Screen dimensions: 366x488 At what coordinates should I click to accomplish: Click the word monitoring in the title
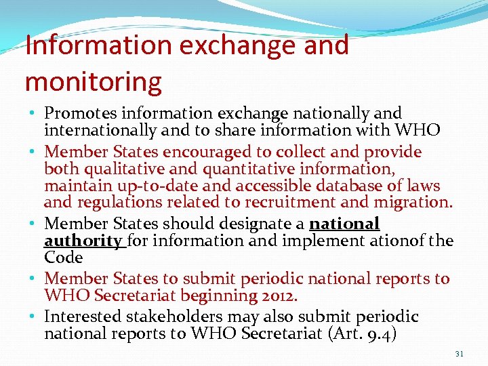click(94, 81)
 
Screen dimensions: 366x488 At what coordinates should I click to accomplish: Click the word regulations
click(120, 202)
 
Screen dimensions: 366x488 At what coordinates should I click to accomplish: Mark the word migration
click(413, 202)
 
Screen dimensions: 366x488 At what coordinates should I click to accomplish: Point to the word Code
click(63, 258)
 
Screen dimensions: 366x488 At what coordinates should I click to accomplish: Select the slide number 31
click(459, 354)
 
